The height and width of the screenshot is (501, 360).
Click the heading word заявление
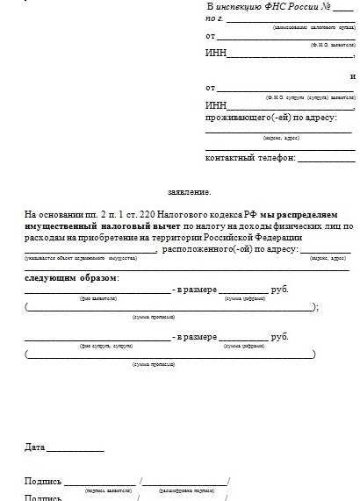190,190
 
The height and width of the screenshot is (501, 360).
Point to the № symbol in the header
325,6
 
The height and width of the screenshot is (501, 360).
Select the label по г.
214,18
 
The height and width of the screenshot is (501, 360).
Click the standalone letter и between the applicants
352,75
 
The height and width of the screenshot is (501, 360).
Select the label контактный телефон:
250,159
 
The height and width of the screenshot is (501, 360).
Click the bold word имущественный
58,226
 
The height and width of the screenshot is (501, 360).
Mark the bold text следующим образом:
73,278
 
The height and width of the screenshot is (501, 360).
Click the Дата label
35,447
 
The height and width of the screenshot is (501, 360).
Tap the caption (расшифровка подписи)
185,489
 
